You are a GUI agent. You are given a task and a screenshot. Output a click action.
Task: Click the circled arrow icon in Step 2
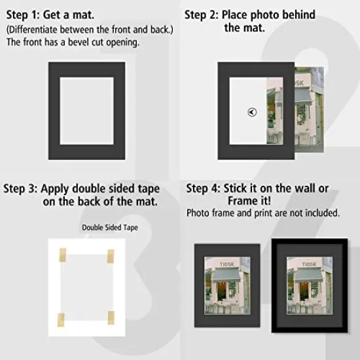pyautogui.click(x=253, y=112)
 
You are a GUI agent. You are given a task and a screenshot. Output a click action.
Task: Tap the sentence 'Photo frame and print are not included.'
pyautogui.click(x=263, y=213)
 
